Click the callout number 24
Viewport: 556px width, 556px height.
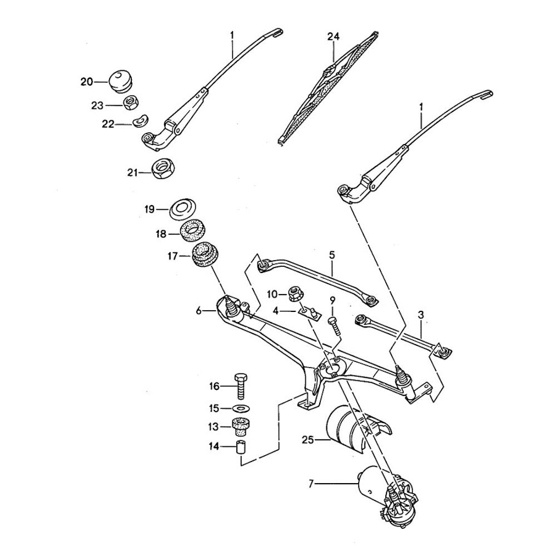pos(332,37)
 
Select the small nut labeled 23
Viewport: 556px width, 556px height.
pos(131,103)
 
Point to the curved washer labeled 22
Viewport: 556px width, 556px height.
pos(142,120)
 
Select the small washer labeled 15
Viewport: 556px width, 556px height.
pos(239,409)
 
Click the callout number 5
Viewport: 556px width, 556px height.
pos(331,256)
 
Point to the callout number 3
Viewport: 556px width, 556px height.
pos(421,315)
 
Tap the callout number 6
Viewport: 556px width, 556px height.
pos(198,311)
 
